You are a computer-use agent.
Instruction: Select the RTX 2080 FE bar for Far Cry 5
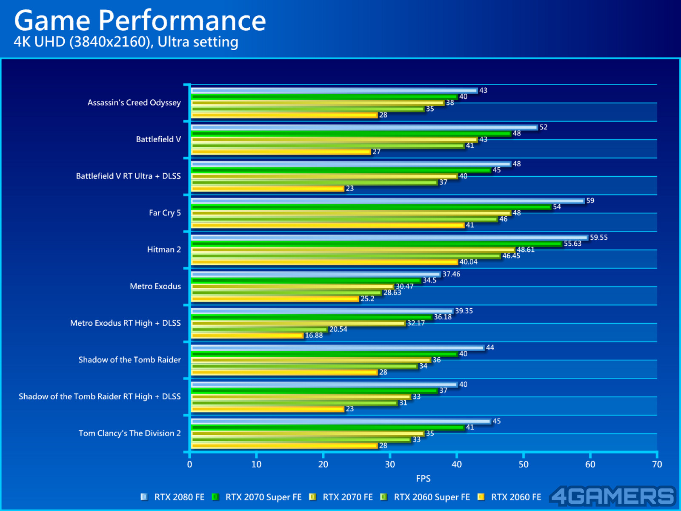coord(387,201)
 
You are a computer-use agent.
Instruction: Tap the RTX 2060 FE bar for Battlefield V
coord(281,152)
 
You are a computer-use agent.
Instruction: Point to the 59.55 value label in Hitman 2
coord(598,238)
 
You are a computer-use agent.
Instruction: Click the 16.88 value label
coord(314,336)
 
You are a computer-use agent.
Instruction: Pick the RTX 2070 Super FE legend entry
coord(258,497)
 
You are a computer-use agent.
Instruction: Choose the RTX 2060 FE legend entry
coord(510,497)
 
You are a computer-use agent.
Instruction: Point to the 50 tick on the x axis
coord(524,464)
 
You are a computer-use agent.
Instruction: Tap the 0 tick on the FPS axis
coord(189,464)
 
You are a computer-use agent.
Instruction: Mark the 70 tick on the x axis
coord(657,464)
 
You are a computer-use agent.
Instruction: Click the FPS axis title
coord(423,479)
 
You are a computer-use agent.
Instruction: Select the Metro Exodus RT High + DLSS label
coord(126,323)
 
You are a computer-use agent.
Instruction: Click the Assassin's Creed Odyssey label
coord(134,103)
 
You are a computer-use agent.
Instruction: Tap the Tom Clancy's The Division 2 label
coord(130,433)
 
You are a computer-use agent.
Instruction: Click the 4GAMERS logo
coord(613,497)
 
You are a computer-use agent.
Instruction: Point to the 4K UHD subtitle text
coord(126,42)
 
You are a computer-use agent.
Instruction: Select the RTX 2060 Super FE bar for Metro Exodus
coord(286,293)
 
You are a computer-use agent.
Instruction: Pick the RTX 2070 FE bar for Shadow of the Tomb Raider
coord(311,360)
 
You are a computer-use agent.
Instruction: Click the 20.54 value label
coord(338,330)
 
